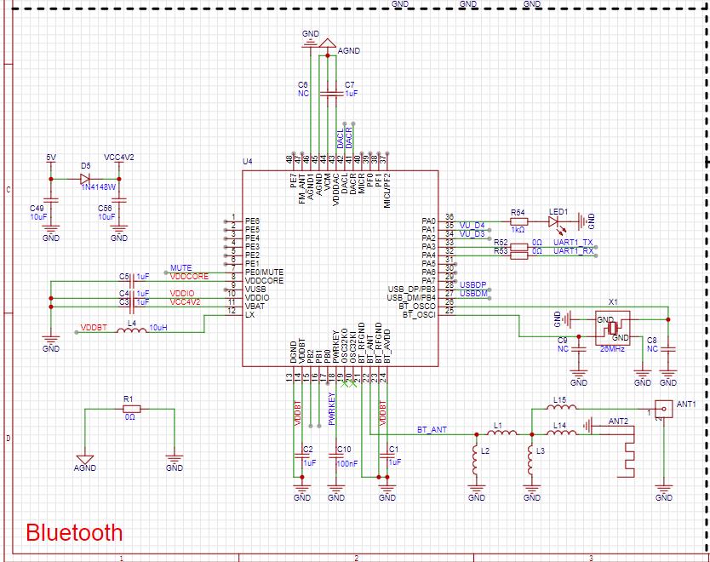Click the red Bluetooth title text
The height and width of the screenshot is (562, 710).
pyautogui.click(x=74, y=533)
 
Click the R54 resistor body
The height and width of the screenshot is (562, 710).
pyautogui.click(x=518, y=222)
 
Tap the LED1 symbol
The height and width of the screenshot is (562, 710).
pyautogui.click(x=557, y=222)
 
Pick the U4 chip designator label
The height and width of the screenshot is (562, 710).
pyautogui.click(x=248, y=161)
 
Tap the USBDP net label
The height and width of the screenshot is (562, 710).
pyautogui.click(x=473, y=283)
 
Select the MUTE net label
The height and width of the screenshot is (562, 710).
pyautogui.click(x=181, y=268)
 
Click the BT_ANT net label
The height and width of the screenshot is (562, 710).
pyautogui.click(x=432, y=430)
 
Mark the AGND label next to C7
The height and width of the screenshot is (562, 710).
pyautogui.click(x=350, y=51)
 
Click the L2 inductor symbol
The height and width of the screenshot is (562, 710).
pyautogui.click(x=475, y=462)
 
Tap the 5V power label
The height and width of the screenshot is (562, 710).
pyautogui.click(x=50, y=158)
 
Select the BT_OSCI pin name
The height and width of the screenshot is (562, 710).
pyautogui.click(x=419, y=315)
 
